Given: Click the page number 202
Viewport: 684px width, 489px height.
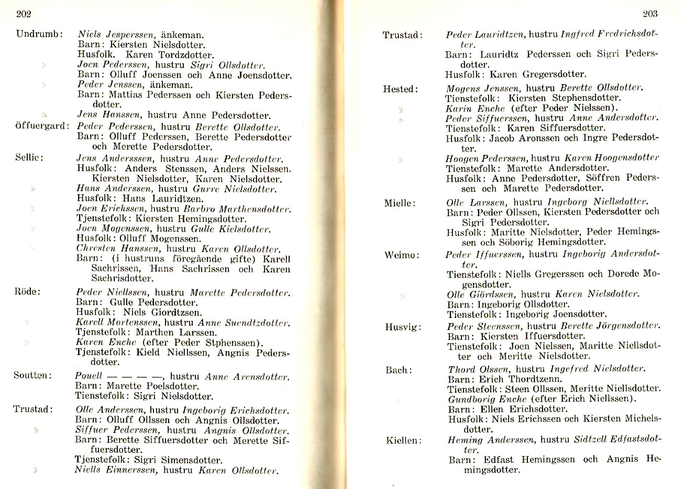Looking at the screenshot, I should coord(24,14).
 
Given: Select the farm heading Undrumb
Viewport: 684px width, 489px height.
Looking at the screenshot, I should coord(39,35).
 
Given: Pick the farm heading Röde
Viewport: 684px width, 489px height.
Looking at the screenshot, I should coord(27,291).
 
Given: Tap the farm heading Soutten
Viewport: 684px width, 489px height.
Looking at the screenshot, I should coord(32,376).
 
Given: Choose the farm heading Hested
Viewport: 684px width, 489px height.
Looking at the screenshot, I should coord(401,89).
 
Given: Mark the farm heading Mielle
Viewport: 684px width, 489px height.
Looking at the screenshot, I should coord(400,203).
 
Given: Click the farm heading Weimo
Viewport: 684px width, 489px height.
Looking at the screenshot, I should coord(402,256).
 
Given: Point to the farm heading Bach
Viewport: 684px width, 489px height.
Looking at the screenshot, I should coord(399,370).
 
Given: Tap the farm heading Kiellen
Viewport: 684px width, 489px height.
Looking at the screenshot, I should coord(404,440).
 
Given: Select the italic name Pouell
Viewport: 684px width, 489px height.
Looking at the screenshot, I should coord(88,376).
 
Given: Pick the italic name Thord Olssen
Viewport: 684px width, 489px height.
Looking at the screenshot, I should coord(478,369).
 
